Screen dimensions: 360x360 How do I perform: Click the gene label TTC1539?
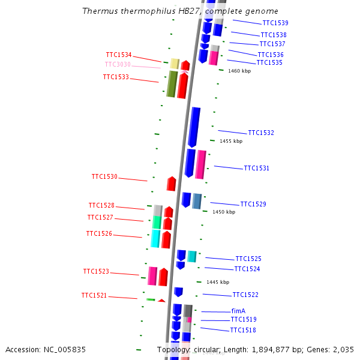(275, 23)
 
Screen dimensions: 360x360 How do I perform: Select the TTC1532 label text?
(261, 133)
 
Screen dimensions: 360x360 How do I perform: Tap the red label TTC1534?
(119, 55)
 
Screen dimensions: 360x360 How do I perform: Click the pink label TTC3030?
(118, 65)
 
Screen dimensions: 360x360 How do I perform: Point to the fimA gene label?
(238, 311)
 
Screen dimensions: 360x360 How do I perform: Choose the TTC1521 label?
(94, 296)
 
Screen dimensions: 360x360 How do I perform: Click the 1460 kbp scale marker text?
(239, 71)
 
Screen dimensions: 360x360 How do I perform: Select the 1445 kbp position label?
(218, 282)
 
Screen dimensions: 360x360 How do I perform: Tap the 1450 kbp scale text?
(224, 212)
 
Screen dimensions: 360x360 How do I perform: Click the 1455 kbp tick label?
(231, 141)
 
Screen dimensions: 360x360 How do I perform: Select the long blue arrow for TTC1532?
(194, 127)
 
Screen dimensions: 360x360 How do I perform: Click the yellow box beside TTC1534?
(175, 64)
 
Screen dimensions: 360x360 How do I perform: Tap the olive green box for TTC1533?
(172, 84)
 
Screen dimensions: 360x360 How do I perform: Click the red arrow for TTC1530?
(172, 184)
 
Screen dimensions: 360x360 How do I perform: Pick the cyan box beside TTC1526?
(155, 239)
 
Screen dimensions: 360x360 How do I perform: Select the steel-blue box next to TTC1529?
(197, 201)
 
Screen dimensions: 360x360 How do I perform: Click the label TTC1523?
(96, 272)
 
